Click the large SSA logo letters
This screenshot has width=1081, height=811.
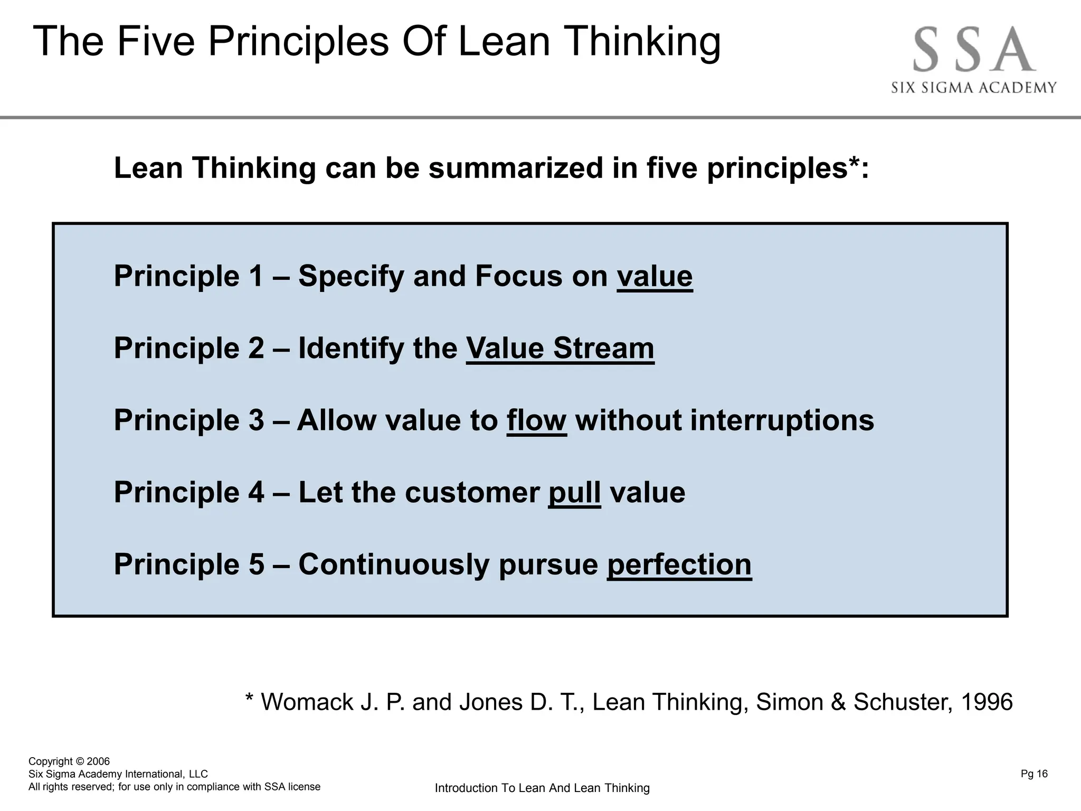click(974, 51)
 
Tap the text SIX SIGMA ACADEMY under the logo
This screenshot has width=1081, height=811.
click(974, 88)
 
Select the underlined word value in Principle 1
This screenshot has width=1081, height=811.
click(655, 276)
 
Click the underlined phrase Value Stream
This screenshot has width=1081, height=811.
click(560, 348)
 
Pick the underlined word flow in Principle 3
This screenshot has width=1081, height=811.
click(536, 421)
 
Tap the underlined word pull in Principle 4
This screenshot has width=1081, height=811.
click(574, 493)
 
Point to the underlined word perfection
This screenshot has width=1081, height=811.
click(679, 564)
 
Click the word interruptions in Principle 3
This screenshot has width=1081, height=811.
click(782, 421)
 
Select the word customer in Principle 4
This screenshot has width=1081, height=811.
click(472, 493)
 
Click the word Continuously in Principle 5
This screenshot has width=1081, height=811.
click(394, 564)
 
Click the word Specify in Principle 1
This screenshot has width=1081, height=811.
click(351, 276)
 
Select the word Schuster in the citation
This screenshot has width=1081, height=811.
click(903, 702)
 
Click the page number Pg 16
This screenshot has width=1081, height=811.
click(1034, 774)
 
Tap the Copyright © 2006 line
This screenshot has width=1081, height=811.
click(69, 761)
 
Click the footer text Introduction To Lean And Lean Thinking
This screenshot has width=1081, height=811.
click(542, 788)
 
